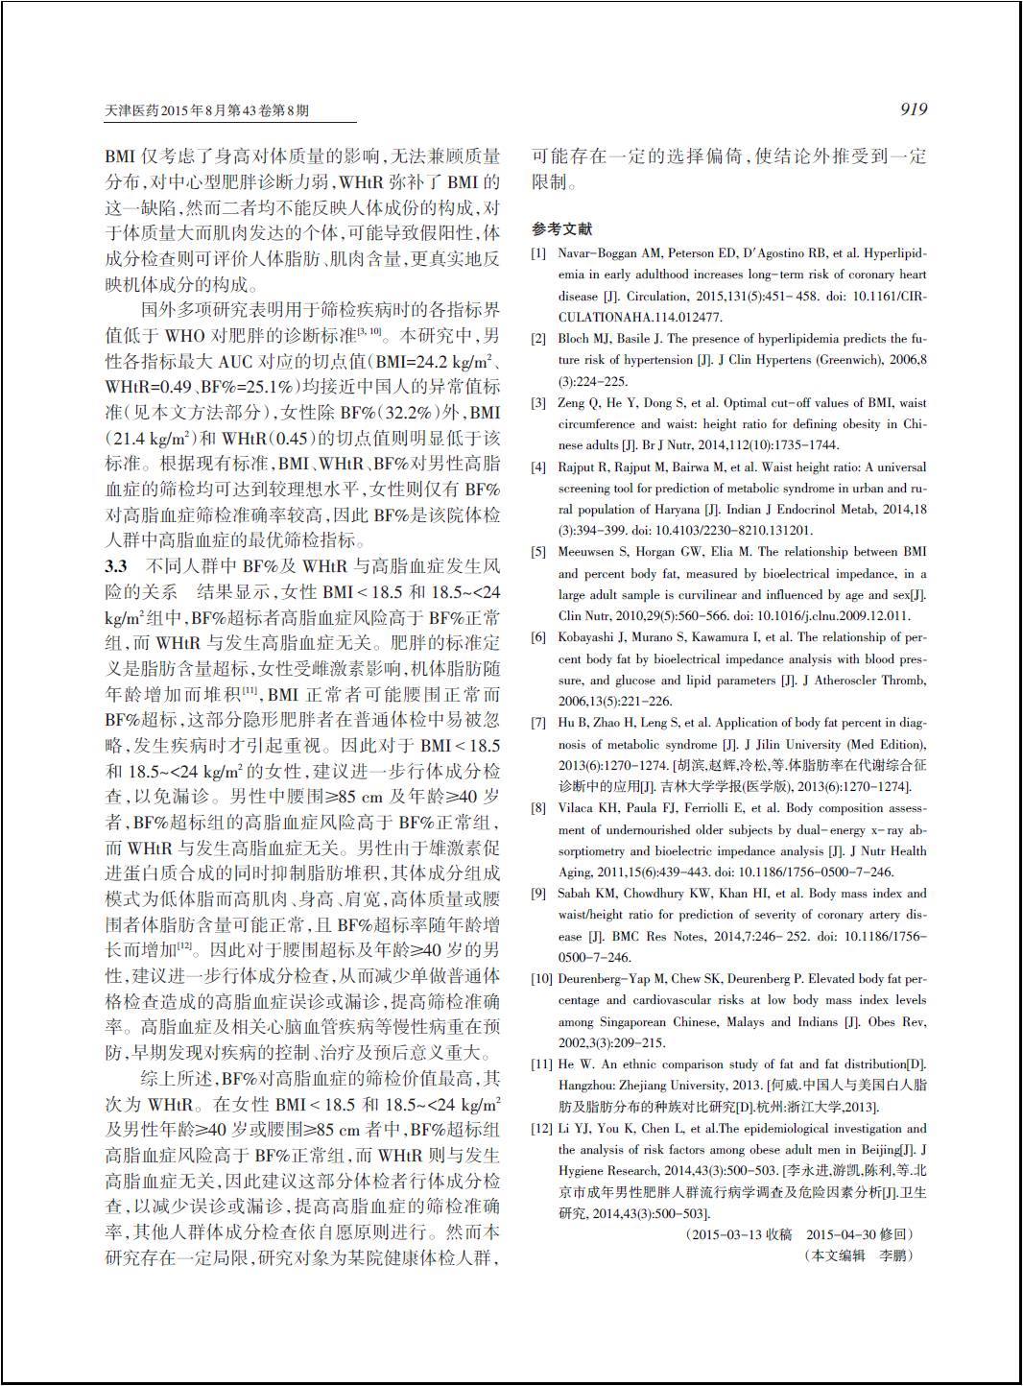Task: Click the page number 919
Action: (913, 109)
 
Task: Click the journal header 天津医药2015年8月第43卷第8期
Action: (207, 110)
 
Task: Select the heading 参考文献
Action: (562, 229)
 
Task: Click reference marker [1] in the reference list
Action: (539, 253)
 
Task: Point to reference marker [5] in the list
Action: (539, 552)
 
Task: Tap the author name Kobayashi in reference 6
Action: (588, 637)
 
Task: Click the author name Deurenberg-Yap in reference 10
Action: (606, 979)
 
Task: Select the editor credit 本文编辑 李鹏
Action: (860, 1255)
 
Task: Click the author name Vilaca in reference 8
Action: (578, 808)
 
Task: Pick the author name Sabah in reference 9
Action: (576, 894)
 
